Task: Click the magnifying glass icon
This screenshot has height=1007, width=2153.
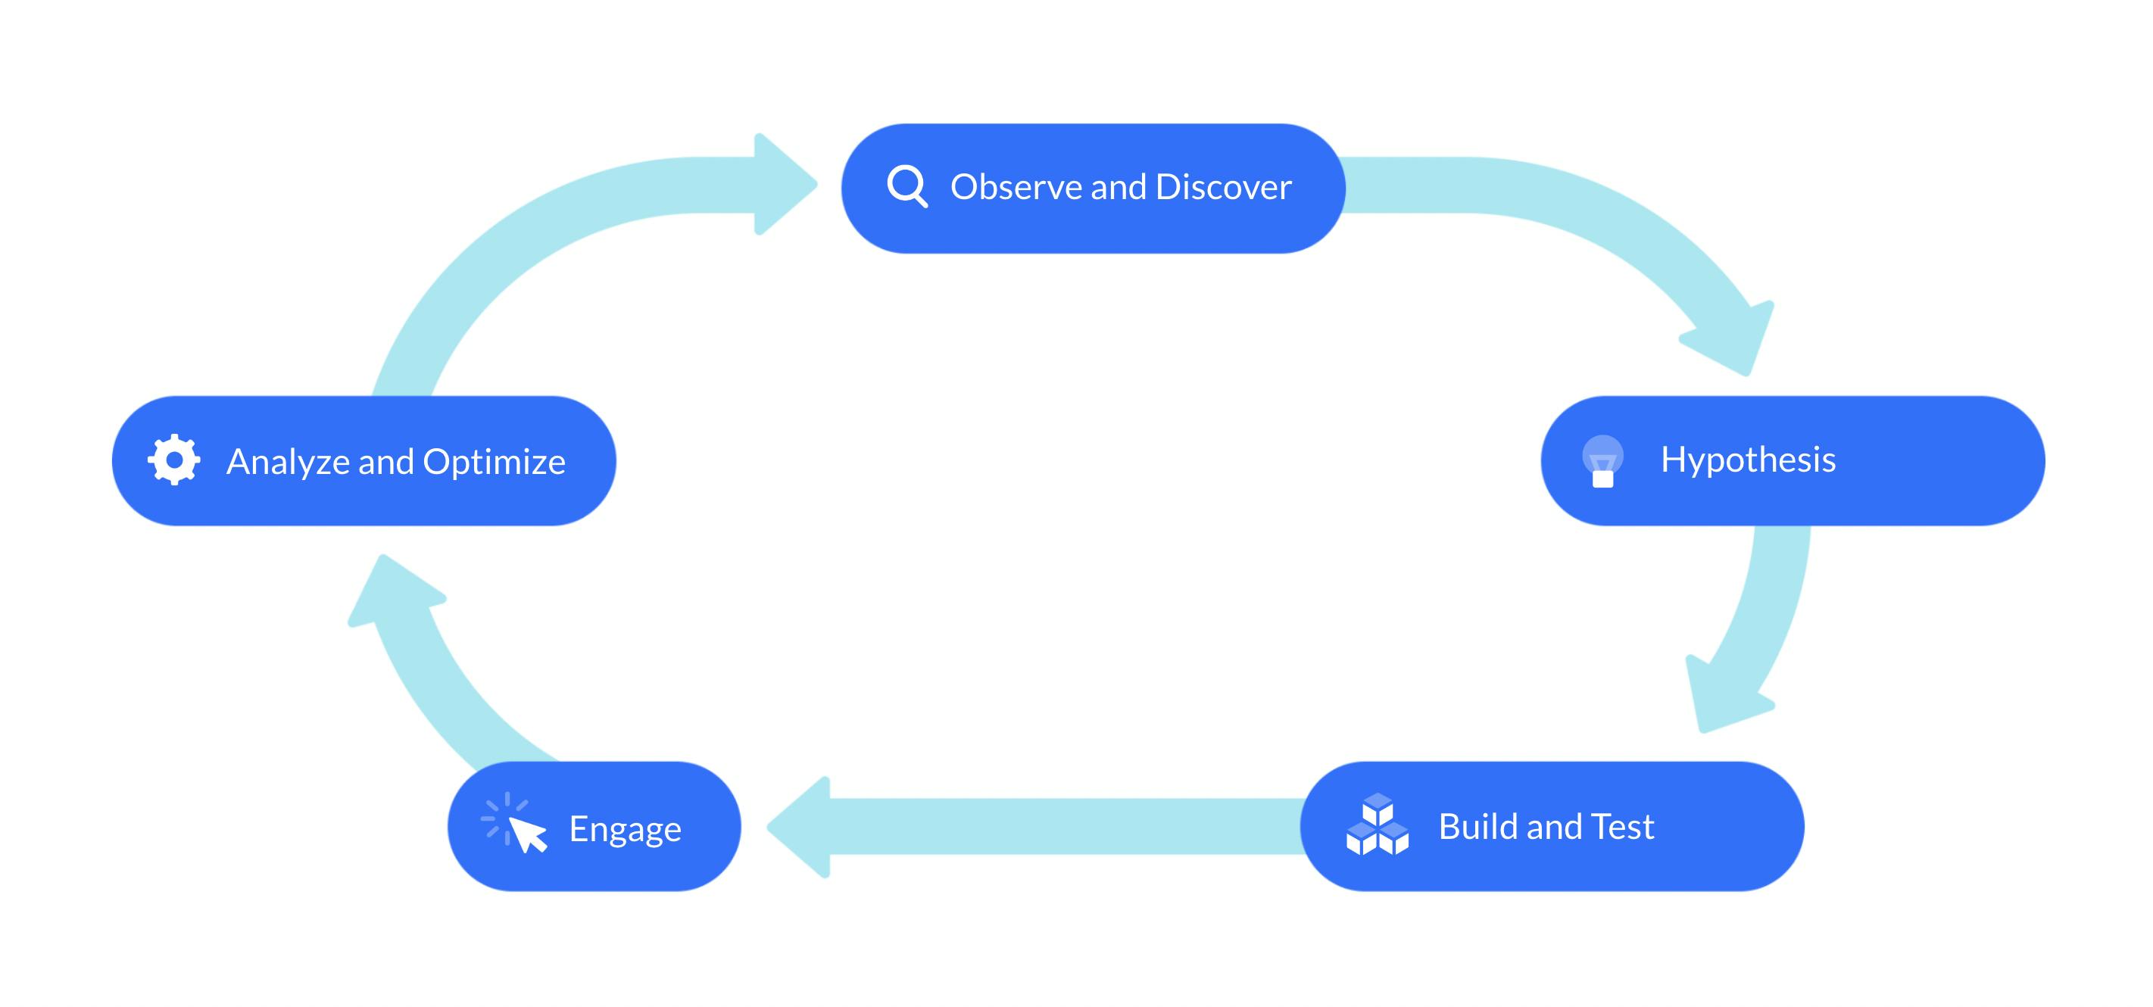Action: tap(906, 185)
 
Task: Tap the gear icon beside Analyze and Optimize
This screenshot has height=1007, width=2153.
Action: tap(174, 460)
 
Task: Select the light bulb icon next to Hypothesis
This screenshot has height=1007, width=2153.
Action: tap(1602, 460)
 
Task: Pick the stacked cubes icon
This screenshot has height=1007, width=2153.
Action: tap(1378, 825)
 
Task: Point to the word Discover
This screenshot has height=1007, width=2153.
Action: tap(1224, 187)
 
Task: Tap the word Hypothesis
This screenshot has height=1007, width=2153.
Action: tap(1748, 460)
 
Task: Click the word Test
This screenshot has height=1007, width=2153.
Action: tap(1623, 827)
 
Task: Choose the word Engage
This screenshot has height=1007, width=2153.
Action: tap(626, 830)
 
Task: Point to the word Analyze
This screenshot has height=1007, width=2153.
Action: tap(289, 461)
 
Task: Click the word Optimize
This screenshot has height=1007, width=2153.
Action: tap(494, 461)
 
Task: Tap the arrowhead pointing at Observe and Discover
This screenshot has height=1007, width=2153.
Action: tap(782, 184)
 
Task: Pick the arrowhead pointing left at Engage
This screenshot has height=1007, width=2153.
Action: tap(803, 827)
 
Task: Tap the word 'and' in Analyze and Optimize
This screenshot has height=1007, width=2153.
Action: tap(386, 461)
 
